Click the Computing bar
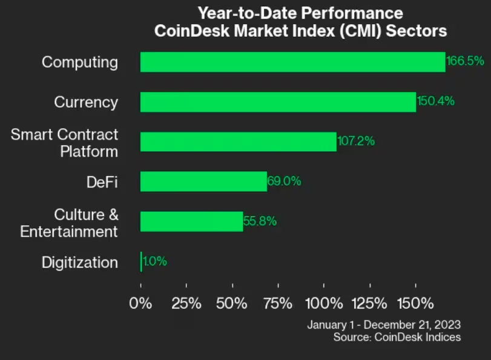click(292, 62)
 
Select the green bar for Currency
click(278, 102)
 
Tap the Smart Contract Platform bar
click(238, 142)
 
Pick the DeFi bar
click(203, 182)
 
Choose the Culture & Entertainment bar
click(191, 221)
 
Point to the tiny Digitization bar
click(141, 262)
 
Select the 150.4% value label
click(435, 101)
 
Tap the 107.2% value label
click(356, 141)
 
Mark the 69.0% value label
click(284, 181)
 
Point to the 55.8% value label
click(260, 221)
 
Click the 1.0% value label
click(155, 262)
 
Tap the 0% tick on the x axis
click(141, 303)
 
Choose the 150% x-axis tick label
click(415, 303)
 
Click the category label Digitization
click(80, 263)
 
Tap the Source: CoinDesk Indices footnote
click(397, 337)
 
